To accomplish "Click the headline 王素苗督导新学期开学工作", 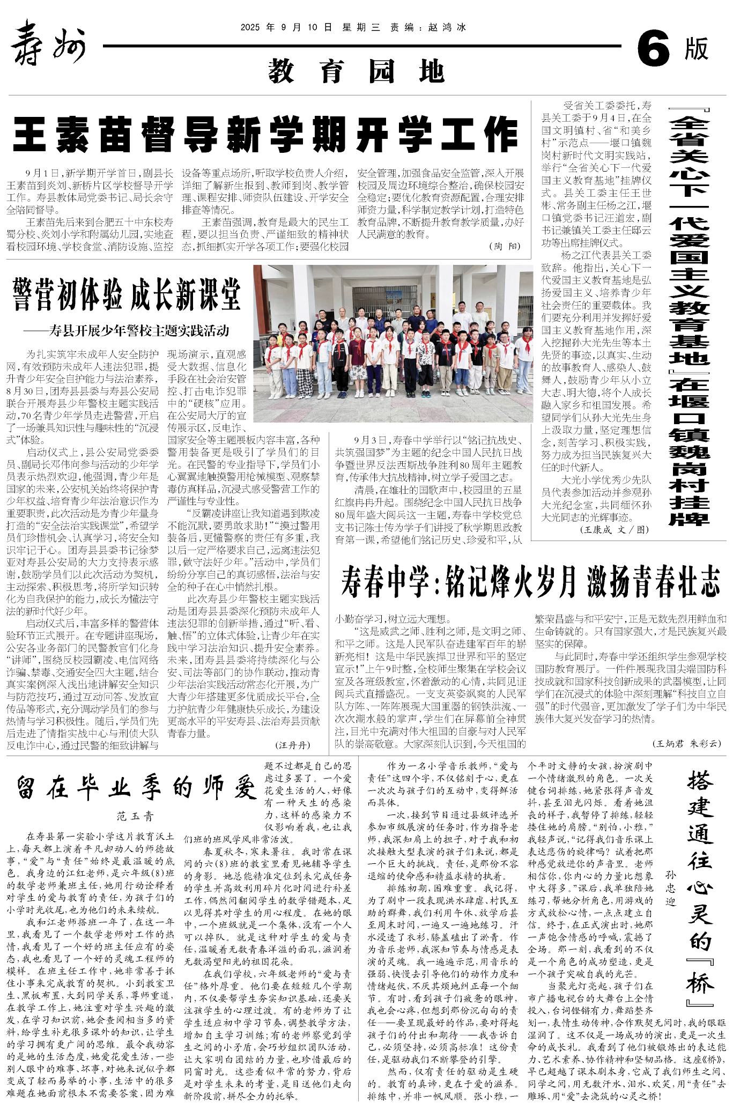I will [265, 135].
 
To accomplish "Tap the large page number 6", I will [653, 49].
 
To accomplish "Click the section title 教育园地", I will [356, 71].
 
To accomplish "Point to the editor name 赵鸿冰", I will [447, 27].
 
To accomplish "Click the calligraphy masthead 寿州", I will [48, 43].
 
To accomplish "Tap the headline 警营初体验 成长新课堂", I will [127, 294].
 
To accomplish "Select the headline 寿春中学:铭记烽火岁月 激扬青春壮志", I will [530, 582].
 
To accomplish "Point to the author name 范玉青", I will [136, 816].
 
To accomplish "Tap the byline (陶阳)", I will [504, 246].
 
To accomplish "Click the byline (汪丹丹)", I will [292, 745].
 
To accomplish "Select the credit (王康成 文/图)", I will [614, 529].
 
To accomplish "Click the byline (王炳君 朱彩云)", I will [686, 743].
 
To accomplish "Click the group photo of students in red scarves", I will [393, 343].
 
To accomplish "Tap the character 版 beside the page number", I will [696, 49].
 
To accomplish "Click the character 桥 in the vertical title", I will [700, 984].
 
